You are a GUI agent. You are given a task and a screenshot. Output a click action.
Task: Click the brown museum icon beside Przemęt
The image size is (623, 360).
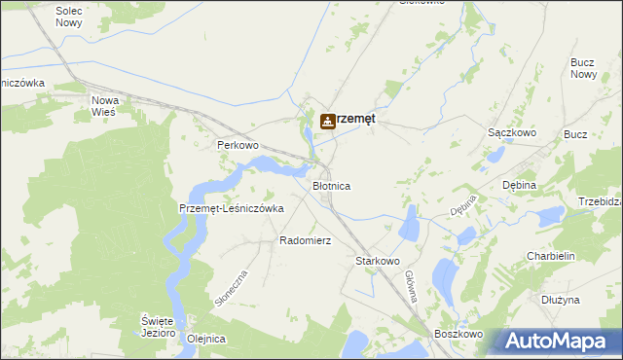click(x=328, y=121)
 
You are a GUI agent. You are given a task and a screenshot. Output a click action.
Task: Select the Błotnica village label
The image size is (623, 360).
click(x=331, y=185)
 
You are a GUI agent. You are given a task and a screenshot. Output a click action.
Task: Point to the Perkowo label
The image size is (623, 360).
click(x=237, y=145)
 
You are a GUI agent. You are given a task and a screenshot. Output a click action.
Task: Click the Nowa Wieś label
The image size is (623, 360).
click(x=103, y=106)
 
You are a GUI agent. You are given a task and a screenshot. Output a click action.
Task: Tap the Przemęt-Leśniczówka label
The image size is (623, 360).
click(x=232, y=208)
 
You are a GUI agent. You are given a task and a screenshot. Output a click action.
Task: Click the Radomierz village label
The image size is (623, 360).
click(x=306, y=240)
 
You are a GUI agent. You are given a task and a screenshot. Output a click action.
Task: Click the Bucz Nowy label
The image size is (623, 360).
click(x=583, y=68)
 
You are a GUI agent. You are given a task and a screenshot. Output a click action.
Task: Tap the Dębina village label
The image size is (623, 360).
click(x=519, y=185)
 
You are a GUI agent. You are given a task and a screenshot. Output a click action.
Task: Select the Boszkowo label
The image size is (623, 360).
click(x=460, y=334)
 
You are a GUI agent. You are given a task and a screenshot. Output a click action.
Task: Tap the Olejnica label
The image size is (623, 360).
click(x=205, y=339)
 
